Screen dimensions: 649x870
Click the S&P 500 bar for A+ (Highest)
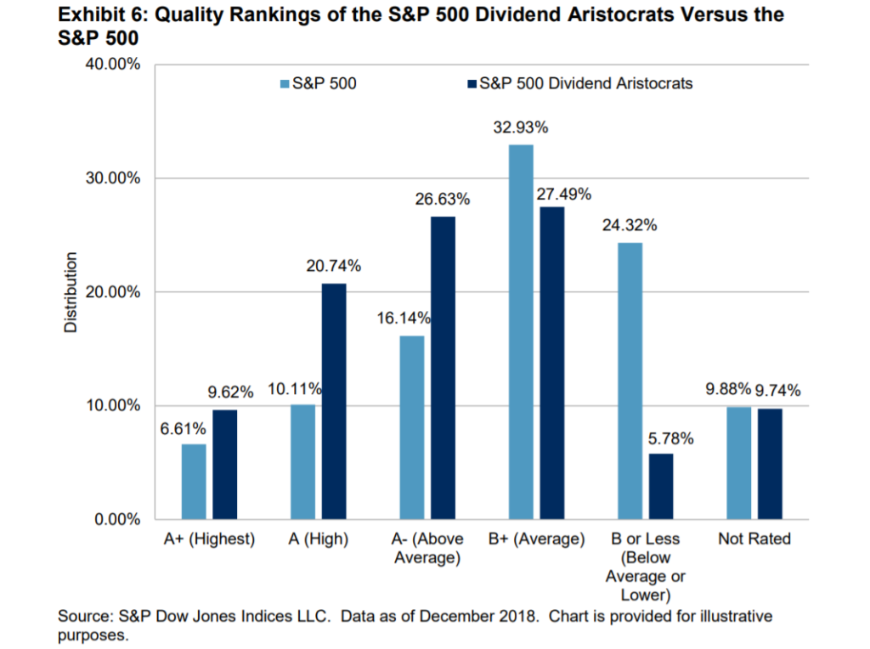[194, 481]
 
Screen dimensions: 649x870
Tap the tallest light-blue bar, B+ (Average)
[520, 331]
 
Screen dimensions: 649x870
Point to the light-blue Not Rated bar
[738, 462]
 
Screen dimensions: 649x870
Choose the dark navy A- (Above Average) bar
[443, 367]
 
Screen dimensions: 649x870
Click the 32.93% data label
[520, 128]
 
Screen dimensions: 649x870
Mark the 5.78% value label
[670, 438]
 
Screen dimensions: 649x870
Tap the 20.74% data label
[334, 267]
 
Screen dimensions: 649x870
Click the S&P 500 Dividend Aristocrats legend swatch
[472, 84]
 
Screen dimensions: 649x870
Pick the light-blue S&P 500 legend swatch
[284, 84]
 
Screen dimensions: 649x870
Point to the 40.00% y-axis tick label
[111, 65]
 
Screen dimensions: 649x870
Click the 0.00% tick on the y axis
[116, 519]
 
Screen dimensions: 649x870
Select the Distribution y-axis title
[71, 291]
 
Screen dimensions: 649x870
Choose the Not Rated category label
[754, 539]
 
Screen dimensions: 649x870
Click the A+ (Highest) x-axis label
[210, 539]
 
